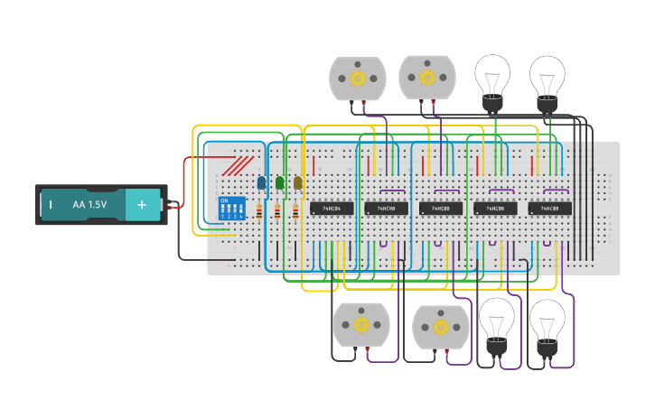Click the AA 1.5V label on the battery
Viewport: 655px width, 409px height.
[x=89, y=205]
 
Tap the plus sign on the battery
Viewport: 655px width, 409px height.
[x=141, y=205]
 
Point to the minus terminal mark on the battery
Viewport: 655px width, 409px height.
[x=50, y=205]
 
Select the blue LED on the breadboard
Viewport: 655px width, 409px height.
[x=262, y=182]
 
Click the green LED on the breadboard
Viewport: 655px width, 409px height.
[x=280, y=182]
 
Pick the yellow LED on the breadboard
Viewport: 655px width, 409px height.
[x=298, y=182]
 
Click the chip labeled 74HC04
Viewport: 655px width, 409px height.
[x=332, y=209]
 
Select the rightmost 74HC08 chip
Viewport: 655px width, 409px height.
[x=549, y=209]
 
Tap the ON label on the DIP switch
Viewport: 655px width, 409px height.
[x=224, y=200]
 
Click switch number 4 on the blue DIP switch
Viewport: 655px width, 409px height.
[x=241, y=209]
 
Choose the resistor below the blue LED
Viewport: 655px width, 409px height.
[x=260, y=212]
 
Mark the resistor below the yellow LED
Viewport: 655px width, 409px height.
[x=295, y=212]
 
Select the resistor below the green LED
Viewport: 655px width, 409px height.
[x=277, y=212]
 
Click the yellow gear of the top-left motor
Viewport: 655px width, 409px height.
[x=357, y=79]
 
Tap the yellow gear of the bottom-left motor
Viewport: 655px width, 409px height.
[x=360, y=324]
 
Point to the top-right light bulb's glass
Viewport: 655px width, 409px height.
[x=547, y=74]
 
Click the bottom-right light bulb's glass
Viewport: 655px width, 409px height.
[x=547, y=318]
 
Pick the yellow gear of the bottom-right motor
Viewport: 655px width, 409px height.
[x=440, y=327]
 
